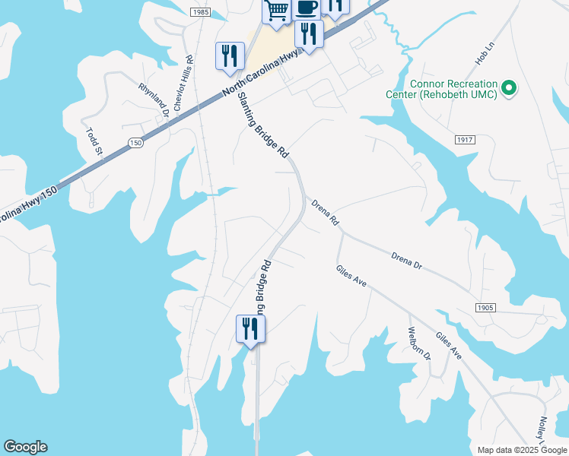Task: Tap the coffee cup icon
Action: [x=306, y=9]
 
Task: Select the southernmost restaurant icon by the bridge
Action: [x=250, y=330]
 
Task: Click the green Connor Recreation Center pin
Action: [x=510, y=89]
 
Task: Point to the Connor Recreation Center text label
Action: [x=453, y=89]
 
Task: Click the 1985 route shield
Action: [x=201, y=12]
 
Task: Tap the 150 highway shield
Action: [x=135, y=143]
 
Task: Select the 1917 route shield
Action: [x=466, y=140]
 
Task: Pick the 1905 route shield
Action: [x=485, y=308]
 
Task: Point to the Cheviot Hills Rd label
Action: [x=183, y=84]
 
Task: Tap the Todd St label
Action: [x=94, y=142]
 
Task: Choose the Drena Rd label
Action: [x=325, y=212]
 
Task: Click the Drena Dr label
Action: [x=406, y=259]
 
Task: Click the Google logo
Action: [x=25, y=447]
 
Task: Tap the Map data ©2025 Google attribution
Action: [x=521, y=450]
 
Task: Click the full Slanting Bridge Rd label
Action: [x=263, y=125]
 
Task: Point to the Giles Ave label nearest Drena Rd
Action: [x=351, y=276]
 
